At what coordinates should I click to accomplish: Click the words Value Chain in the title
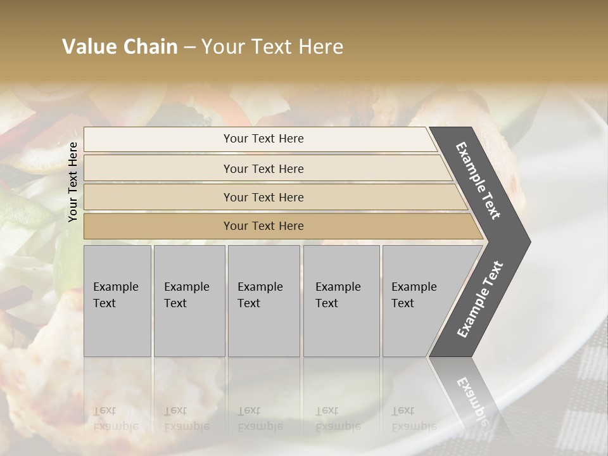[x=120, y=47]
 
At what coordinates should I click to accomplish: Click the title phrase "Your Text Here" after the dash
[x=272, y=47]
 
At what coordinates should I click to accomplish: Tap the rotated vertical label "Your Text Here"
[x=73, y=182]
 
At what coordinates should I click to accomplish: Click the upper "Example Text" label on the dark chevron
[x=478, y=180]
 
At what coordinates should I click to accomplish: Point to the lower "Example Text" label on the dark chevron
[x=480, y=300]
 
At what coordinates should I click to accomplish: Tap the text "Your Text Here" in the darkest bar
[x=263, y=226]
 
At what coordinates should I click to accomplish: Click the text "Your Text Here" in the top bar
[x=263, y=139]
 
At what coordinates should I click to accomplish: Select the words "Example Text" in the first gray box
[x=115, y=295]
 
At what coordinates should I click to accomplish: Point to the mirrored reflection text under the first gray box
[x=115, y=418]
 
